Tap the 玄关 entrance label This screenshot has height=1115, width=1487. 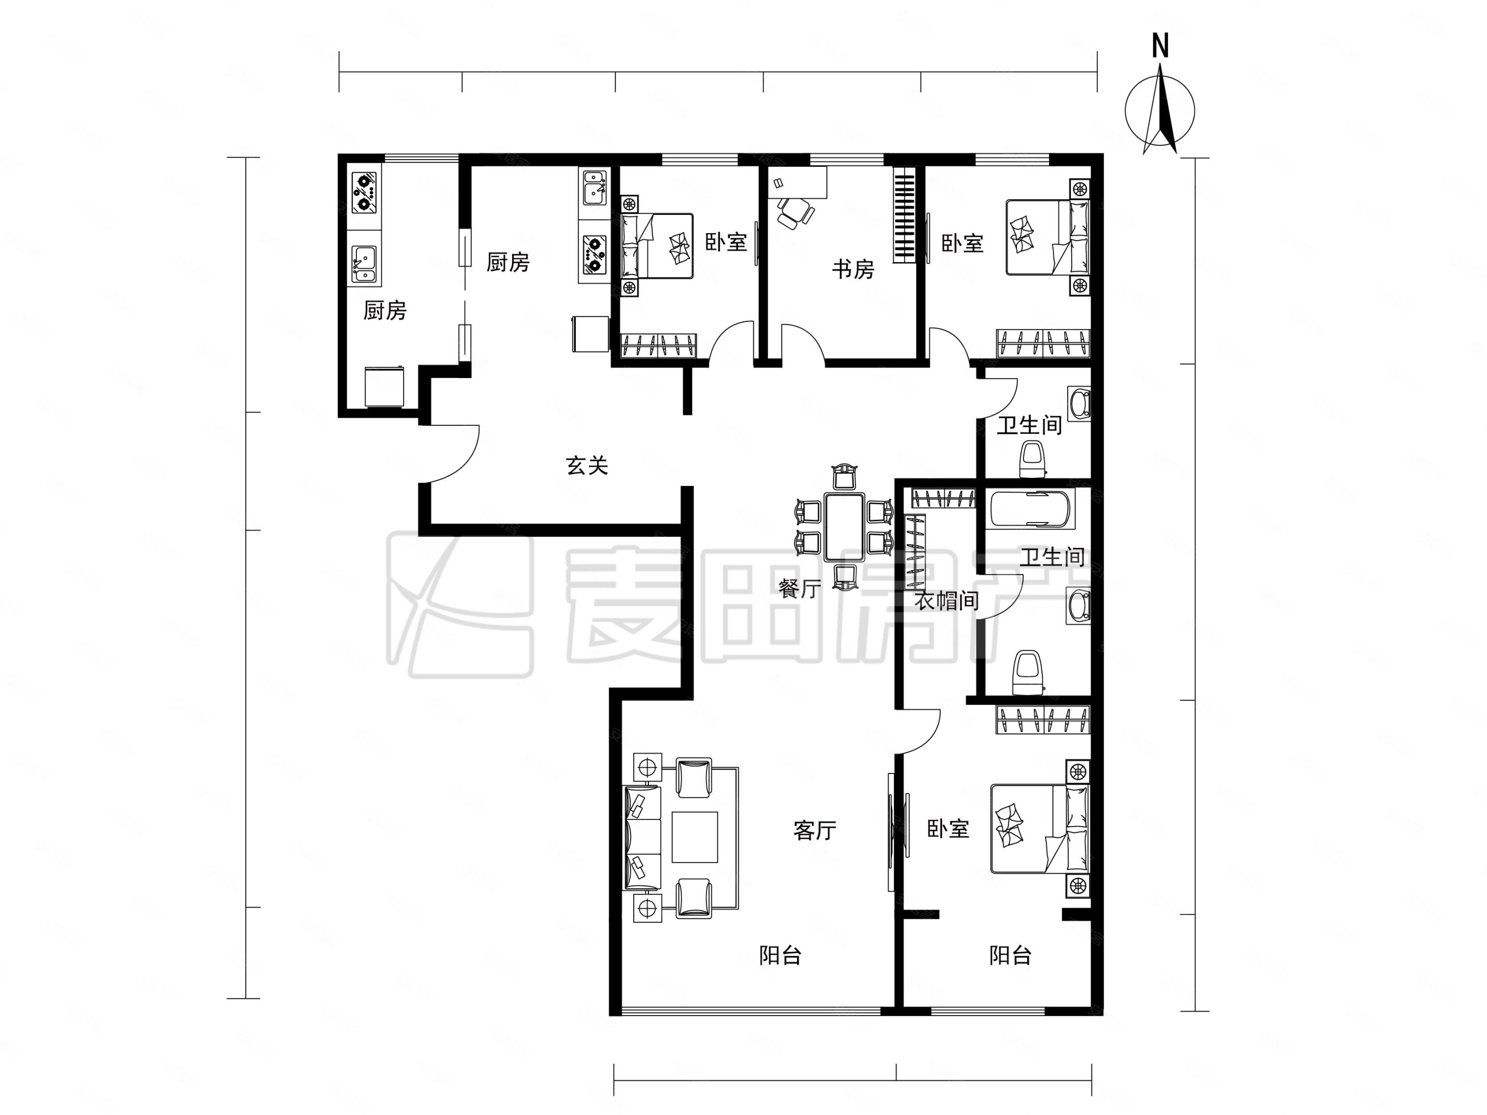[587, 466]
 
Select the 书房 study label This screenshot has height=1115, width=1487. [853, 270]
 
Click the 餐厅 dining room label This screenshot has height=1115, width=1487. [800, 589]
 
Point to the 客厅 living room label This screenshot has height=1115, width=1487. [815, 831]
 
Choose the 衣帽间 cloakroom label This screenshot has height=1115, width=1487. [947, 600]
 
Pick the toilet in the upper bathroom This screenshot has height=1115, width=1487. [1033, 459]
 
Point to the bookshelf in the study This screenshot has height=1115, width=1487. [904, 214]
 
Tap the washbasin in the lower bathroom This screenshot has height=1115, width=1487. [1078, 606]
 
